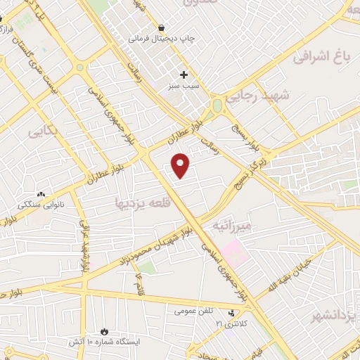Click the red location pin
181,165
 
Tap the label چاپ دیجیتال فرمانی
158,39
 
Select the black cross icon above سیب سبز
184,74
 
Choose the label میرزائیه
231,226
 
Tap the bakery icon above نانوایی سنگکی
41,194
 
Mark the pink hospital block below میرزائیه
236,253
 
